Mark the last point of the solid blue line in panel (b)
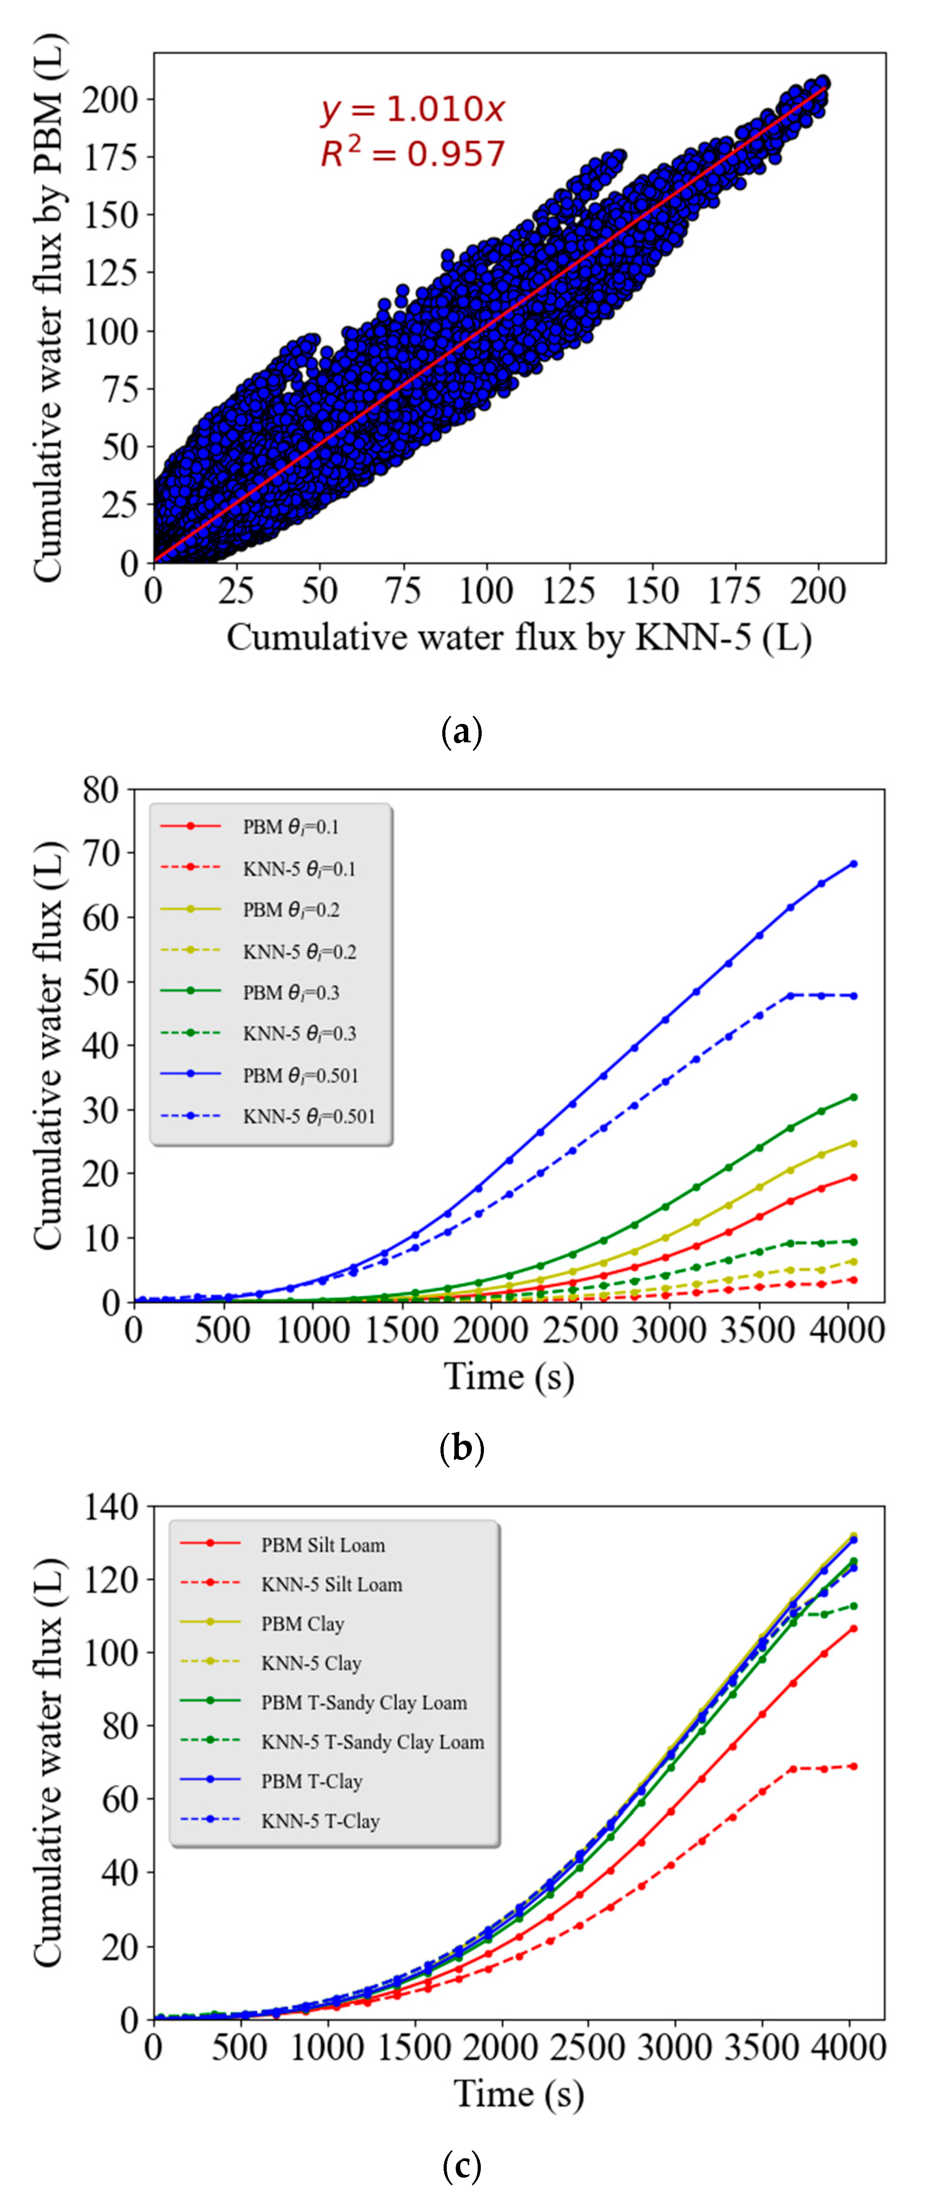tap(853, 863)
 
